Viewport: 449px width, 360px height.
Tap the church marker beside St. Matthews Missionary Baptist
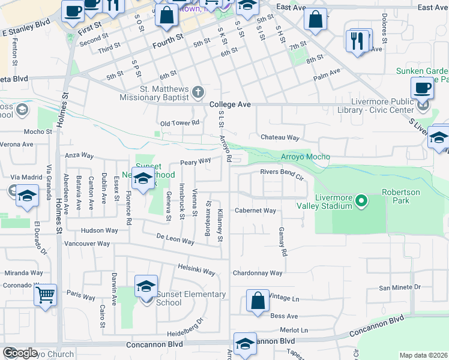199,92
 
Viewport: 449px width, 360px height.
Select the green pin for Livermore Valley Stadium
361,200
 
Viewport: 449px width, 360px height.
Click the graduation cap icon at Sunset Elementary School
146,287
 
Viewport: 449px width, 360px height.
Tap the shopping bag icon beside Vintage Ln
258,301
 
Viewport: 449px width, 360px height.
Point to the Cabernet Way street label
255,211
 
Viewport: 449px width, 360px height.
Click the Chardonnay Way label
258,273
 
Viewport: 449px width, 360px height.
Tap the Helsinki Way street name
196,269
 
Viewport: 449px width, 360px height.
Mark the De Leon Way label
175,239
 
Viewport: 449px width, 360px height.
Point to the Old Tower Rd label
179,124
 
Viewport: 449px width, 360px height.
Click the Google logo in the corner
20,353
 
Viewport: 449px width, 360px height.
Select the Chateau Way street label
280,137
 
